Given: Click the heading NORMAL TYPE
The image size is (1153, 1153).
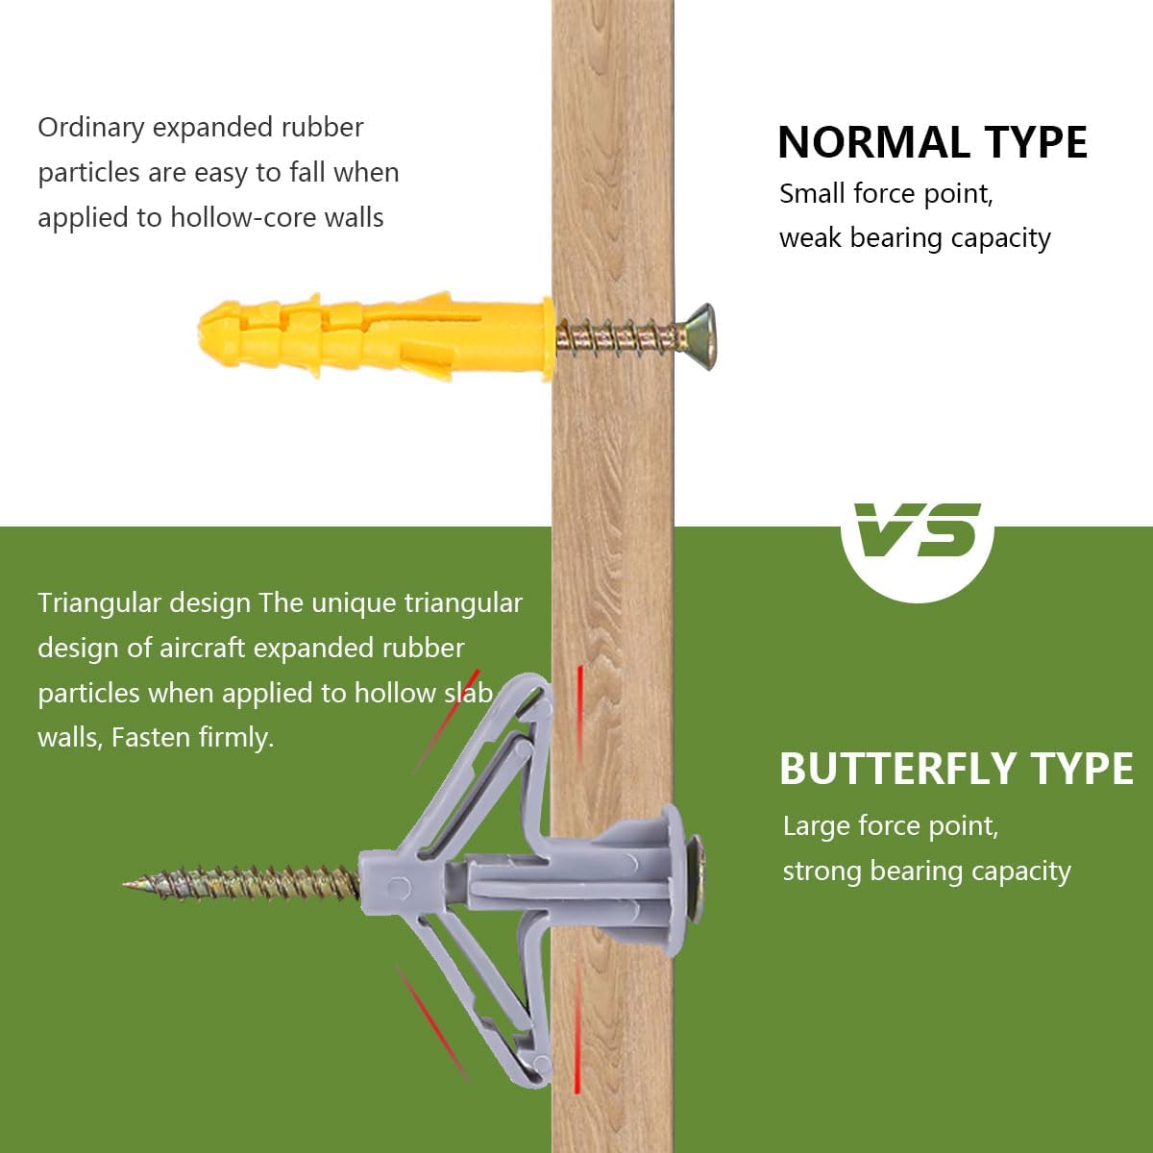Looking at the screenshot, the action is point(932,142).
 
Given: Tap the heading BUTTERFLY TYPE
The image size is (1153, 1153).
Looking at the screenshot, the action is point(955,768).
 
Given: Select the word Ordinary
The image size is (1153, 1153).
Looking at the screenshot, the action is point(91,128).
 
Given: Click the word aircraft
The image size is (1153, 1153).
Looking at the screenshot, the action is point(202,648).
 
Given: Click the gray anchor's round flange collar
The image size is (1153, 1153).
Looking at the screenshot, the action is point(674,884).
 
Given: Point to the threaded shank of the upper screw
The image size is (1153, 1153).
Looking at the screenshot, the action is point(619,338).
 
